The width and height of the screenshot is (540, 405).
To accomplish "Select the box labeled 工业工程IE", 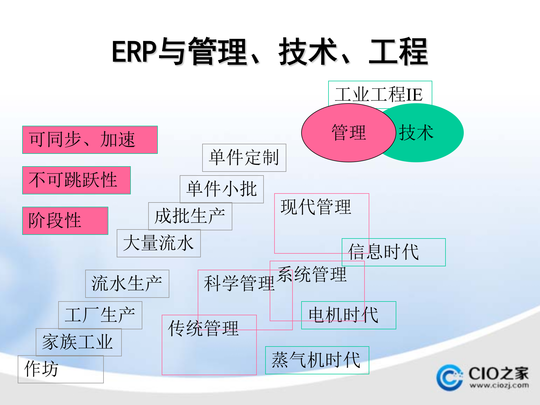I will tap(380, 94).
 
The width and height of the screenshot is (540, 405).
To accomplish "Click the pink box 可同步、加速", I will tap(90, 140).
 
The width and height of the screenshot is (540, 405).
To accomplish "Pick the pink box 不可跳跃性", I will tap(76, 180).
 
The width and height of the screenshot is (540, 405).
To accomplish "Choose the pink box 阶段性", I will tap(65, 221).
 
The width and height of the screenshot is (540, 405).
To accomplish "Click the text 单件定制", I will tap(244, 157).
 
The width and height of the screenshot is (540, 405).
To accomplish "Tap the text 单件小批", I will tap(222, 189).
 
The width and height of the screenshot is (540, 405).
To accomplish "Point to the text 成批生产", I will tap(190, 216).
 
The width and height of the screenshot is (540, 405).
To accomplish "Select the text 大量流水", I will tap(158, 243).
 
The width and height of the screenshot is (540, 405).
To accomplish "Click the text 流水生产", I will tap(127, 283).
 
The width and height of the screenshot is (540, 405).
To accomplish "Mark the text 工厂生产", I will tap(100, 315).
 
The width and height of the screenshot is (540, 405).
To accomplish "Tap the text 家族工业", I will tap(78, 342).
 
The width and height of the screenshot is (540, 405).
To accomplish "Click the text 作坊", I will tap(41, 369).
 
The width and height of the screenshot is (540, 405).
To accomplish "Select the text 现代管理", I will tap(316, 207).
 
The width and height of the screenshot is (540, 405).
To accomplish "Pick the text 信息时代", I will tap(384, 252).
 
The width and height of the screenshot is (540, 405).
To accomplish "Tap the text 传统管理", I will tap(203, 328).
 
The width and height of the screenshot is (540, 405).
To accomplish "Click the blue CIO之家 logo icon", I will tap(449, 378).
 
